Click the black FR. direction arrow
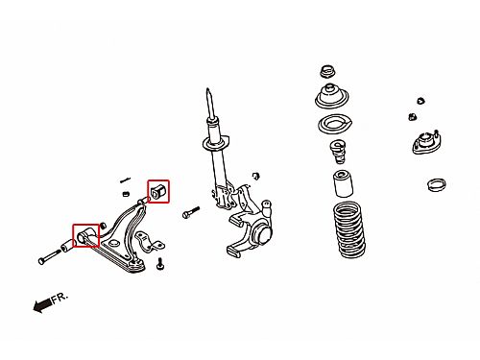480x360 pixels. (42, 304)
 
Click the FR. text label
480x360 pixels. (60, 298)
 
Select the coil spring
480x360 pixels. (349, 229)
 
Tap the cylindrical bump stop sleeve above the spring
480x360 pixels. (344, 184)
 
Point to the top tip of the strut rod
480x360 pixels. (207, 89)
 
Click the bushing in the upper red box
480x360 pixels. (157, 191)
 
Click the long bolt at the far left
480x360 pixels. (50, 256)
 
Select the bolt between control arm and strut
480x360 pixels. (191, 212)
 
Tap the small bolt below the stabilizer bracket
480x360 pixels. (160, 264)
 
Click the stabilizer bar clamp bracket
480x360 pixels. (149, 242)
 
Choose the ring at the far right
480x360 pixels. (437, 184)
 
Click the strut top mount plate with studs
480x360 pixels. (427, 143)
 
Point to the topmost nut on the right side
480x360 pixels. (420, 101)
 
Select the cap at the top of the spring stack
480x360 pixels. (327, 71)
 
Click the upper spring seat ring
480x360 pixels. (335, 125)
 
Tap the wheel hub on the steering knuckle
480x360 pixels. (262, 234)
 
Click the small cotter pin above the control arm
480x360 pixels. (125, 180)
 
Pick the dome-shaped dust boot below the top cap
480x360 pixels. (332, 96)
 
